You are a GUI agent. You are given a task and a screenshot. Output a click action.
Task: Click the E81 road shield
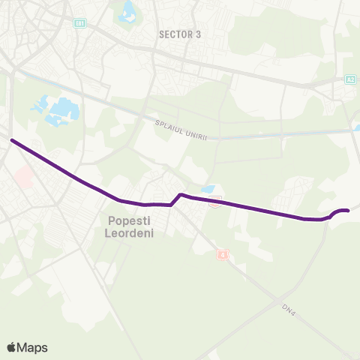(x=79, y=24)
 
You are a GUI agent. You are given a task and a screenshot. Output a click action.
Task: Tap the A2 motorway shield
(x=351, y=78)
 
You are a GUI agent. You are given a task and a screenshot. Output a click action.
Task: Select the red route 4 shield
(x=221, y=255)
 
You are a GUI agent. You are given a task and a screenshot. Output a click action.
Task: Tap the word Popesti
(x=129, y=220)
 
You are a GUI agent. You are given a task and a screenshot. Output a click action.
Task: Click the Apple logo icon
(x=12, y=346)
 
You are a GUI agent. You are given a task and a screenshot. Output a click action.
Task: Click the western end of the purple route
(x=12, y=140)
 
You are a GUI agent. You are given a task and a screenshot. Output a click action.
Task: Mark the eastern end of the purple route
(x=348, y=211)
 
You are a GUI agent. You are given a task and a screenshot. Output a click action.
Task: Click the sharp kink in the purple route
(x=180, y=196)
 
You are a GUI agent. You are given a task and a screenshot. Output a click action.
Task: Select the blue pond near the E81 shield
(x=127, y=10)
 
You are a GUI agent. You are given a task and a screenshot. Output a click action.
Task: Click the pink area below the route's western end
(x=24, y=177)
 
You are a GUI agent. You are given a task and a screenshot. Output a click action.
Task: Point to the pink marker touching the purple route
(x=215, y=201)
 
